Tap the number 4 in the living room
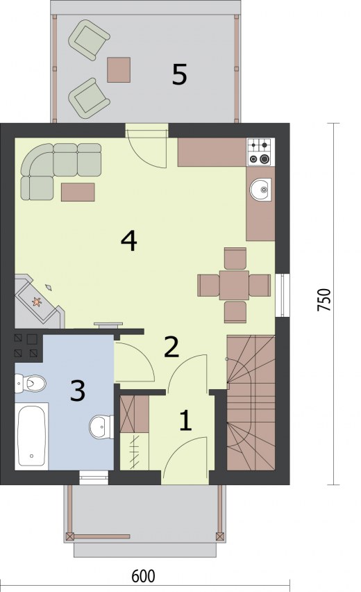tap(128, 241)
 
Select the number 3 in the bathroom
tap(78, 390)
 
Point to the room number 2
tap(171, 347)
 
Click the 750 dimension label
tap(324, 299)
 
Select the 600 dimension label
tap(143, 576)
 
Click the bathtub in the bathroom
tap(32, 436)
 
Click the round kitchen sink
tap(260, 189)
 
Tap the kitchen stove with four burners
tap(260, 152)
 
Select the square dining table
tap(234, 285)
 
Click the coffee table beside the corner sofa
tap(78, 192)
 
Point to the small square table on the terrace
tap(119, 70)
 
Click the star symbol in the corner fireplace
tap(37, 302)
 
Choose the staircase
tap(251, 402)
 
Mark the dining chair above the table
tap(235, 258)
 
